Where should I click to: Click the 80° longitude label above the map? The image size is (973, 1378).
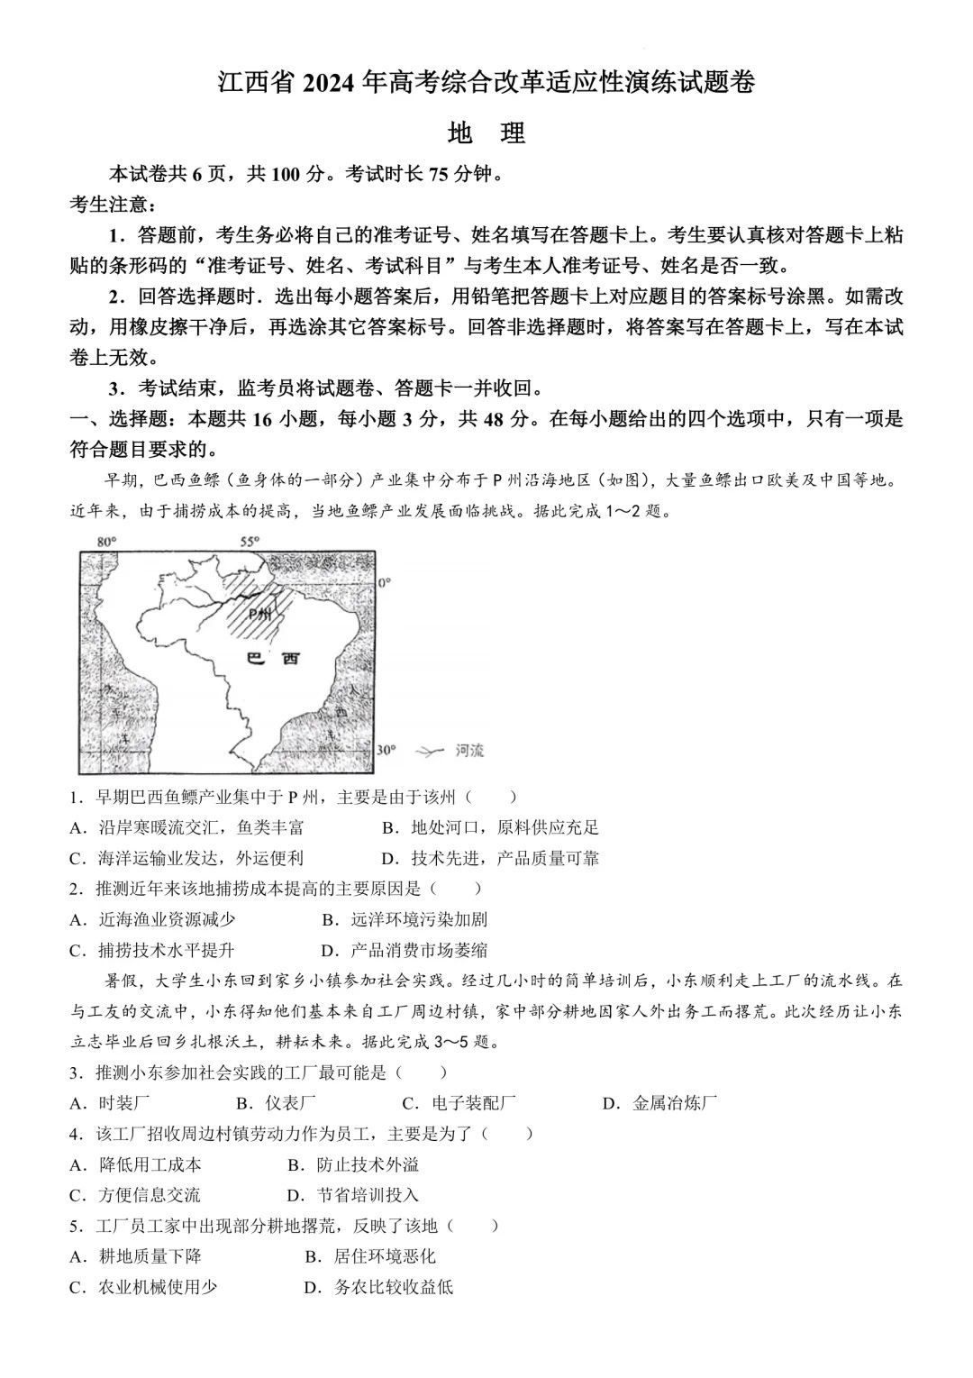pos(106,542)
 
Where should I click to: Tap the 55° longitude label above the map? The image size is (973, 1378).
pos(249,542)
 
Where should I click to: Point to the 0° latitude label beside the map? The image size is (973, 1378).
pos(385,583)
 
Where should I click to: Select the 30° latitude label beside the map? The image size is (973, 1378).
pos(386,750)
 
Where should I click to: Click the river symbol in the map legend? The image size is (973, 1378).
pos(432,750)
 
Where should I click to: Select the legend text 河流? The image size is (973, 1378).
pos(469,750)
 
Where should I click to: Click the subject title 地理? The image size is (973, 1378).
pos(486,133)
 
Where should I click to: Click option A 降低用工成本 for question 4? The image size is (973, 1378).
pos(136,1164)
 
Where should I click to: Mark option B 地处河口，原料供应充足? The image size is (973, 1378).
pos(490,827)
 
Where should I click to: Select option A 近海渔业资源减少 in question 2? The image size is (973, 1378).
pos(152,919)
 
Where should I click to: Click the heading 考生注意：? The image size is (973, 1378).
pos(101,205)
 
